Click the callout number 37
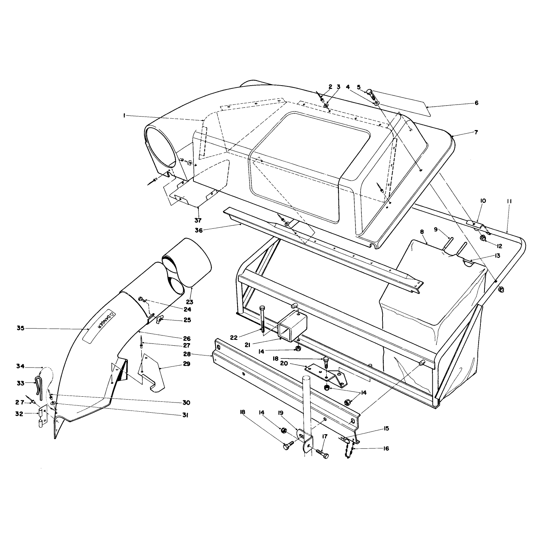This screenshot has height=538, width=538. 198,221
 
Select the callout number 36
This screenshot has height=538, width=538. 199,230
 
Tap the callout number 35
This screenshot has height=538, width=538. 20,328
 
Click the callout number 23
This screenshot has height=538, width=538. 189,302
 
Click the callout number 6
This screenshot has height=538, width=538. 476,103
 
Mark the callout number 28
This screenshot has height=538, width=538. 187,354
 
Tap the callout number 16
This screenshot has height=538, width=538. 386,448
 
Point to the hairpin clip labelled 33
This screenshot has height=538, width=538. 40,386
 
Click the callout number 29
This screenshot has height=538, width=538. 186,364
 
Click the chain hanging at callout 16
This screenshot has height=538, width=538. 347,448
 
